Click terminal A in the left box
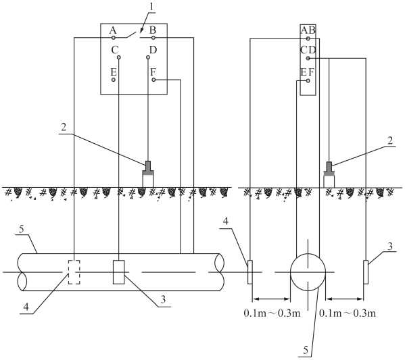tap(113, 38)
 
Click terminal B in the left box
tap(153, 38)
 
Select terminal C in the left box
tap(118, 57)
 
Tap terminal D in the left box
tap(148, 57)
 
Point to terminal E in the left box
tap(114, 80)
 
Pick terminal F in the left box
tap(153, 80)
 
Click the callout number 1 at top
tap(152, 7)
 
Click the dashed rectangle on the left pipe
tap(74, 272)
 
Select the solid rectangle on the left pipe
tap(119, 272)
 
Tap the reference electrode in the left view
tap(148, 174)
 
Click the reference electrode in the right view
tap(329, 175)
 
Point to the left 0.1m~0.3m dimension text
tap(272, 313)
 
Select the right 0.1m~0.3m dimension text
tap(348, 313)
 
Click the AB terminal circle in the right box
tap(308, 38)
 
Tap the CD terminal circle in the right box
tap(308, 58)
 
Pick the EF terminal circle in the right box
tap(308, 81)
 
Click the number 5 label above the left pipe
tap(22, 229)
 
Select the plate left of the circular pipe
tap(250, 272)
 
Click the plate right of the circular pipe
tap(366, 272)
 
